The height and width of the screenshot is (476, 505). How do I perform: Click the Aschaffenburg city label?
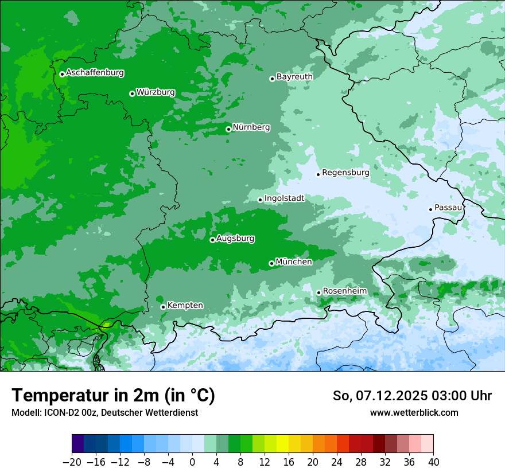[x=95, y=73]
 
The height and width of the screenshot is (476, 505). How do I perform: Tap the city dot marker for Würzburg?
[x=132, y=93]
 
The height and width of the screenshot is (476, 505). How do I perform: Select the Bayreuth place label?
[x=294, y=76]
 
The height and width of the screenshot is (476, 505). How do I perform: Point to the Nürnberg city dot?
[x=228, y=129]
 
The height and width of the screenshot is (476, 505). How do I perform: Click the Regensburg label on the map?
[x=345, y=172]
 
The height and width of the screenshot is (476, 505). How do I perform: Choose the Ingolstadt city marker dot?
[x=260, y=200]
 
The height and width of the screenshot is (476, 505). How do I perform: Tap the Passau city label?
[x=448, y=207]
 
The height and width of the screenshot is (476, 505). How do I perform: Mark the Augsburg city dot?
[x=212, y=240]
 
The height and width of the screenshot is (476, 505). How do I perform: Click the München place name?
[x=294, y=262]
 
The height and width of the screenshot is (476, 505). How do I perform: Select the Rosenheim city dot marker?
[x=318, y=293]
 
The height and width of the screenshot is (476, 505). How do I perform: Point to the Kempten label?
[x=185, y=305]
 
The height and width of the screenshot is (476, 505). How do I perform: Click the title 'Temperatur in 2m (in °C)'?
[x=113, y=396]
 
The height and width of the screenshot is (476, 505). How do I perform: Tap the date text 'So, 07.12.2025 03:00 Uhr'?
[x=412, y=396]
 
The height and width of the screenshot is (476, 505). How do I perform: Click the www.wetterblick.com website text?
[x=414, y=412]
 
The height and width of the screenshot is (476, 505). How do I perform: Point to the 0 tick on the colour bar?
[x=192, y=462]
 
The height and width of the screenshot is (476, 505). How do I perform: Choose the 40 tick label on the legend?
[x=433, y=462]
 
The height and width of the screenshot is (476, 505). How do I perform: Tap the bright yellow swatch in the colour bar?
[x=282, y=444]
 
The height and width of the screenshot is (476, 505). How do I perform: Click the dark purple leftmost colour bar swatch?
[x=78, y=444]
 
